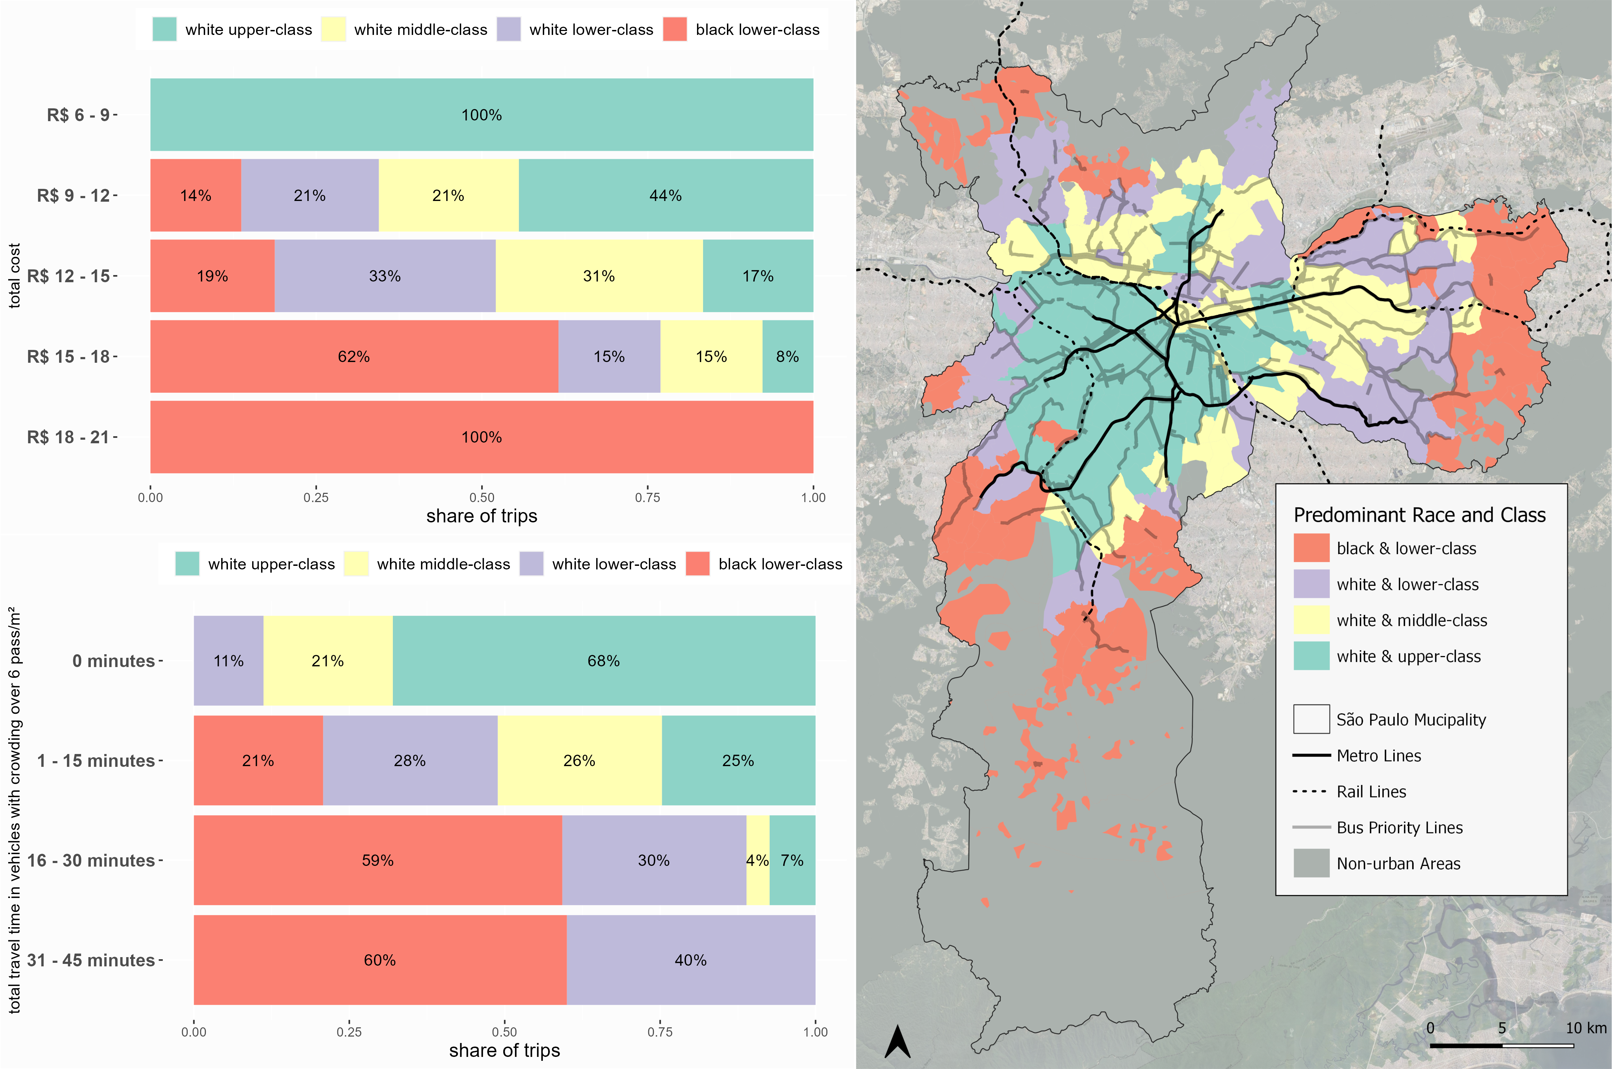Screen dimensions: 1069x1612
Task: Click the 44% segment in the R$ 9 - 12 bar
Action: pyautogui.click(x=666, y=196)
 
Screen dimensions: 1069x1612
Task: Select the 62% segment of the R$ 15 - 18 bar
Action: pyautogui.click(x=354, y=357)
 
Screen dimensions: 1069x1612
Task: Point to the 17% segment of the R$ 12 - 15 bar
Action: pyautogui.click(x=758, y=276)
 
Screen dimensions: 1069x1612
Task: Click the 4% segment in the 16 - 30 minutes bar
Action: pyautogui.click(x=758, y=861)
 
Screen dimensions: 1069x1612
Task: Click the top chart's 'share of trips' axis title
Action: pyautogui.click(x=482, y=516)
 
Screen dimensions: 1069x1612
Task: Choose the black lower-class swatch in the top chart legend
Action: pyautogui.click(x=675, y=29)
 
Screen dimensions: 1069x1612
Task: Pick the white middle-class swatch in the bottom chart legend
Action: pyautogui.click(x=356, y=564)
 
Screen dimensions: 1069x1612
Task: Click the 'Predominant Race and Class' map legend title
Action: pyautogui.click(x=1419, y=515)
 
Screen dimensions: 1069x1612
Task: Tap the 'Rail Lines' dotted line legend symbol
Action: pyautogui.click(x=1310, y=791)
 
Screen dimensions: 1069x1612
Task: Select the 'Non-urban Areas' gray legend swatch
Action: pyautogui.click(x=1311, y=863)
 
